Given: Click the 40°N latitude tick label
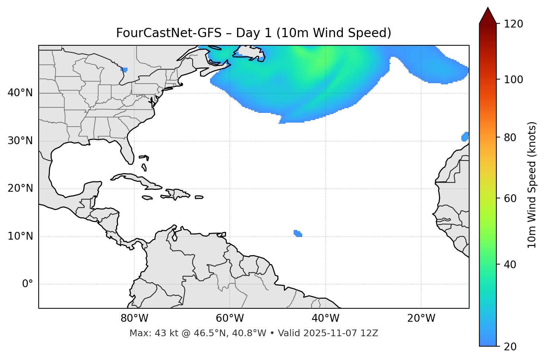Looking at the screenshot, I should pyautogui.click(x=20, y=93).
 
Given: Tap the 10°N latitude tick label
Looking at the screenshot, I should pyautogui.click(x=20, y=236).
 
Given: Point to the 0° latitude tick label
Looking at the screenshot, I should pyautogui.click(x=28, y=284).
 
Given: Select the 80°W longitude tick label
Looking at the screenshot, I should pyautogui.click(x=134, y=318).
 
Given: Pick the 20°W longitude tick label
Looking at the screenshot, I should pyautogui.click(x=421, y=318).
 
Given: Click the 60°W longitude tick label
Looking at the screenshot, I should pyautogui.click(x=230, y=318).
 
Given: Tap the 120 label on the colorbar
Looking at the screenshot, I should pyautogui.click(x=513, y=24).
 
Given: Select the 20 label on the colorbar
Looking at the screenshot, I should pyautogui.click(x=510, y=347).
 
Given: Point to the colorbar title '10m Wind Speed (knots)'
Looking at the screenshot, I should pyautogui.click(x=532, y=185).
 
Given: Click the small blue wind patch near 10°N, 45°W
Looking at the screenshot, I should pyautogui.click(x=298, y=233).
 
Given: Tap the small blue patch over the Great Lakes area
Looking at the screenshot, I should pyautogui.click(x=124, y=69).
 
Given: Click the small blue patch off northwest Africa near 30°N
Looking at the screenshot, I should pyautogui.click(x=465, y=137).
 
